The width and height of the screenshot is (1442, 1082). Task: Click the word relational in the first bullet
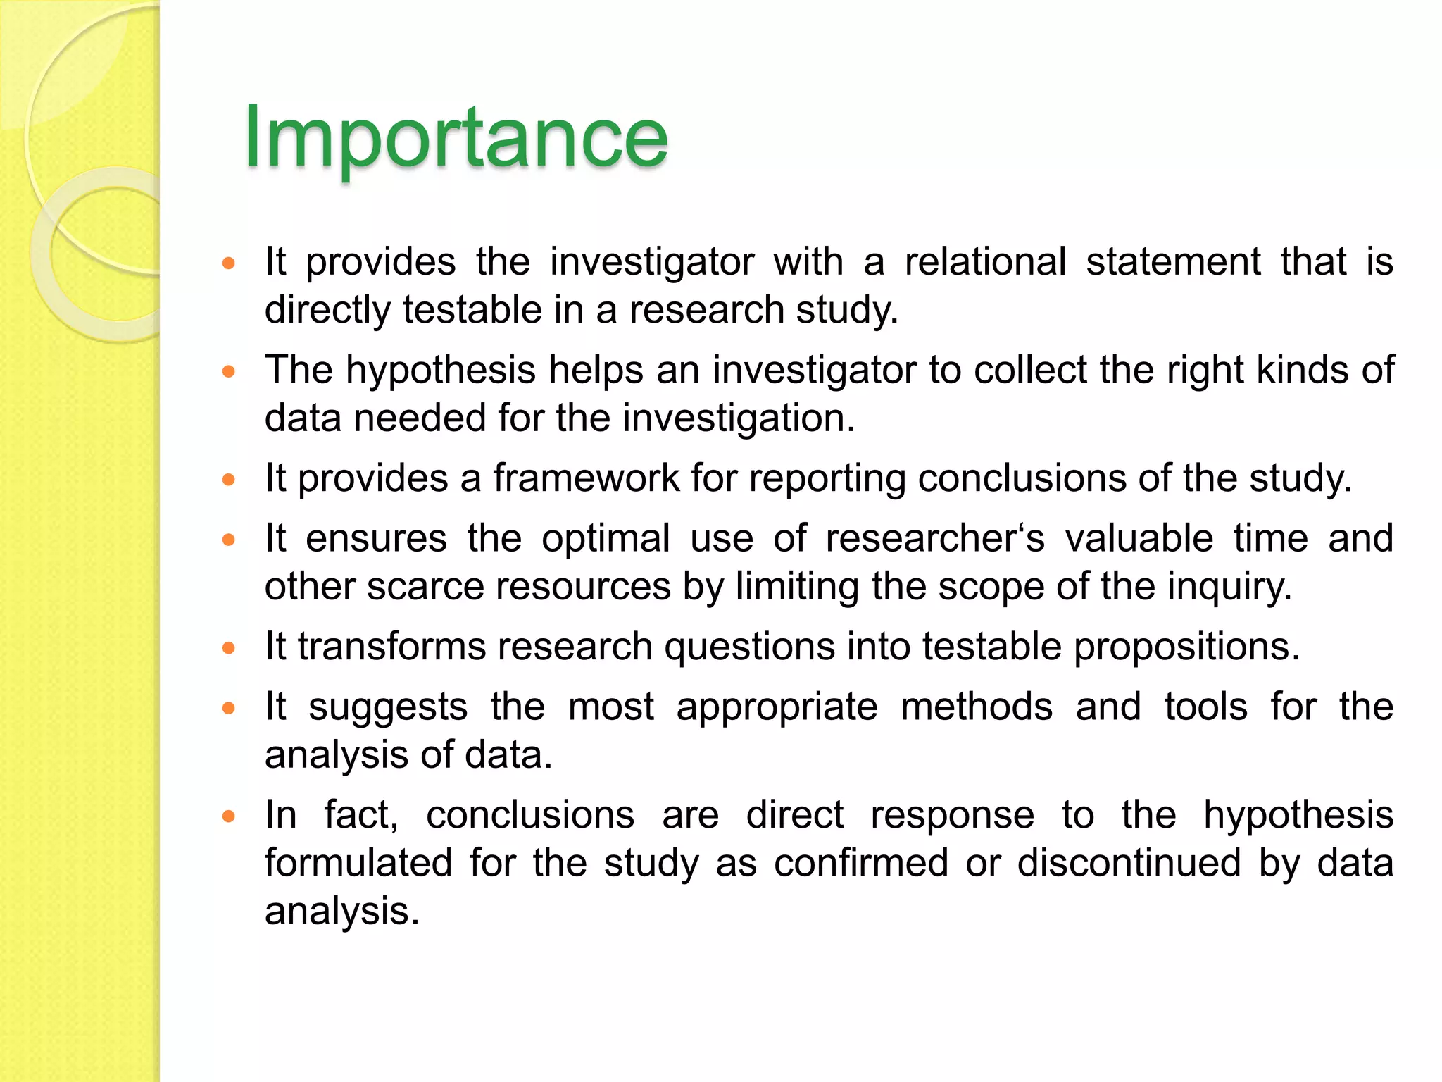[985, 262]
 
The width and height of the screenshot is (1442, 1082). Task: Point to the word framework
[586, 478]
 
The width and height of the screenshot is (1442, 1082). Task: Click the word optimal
[606, 539]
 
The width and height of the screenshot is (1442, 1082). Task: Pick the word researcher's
[935, 539]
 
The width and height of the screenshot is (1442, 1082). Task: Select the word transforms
[391, 647]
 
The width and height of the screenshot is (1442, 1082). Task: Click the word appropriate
[777, 707]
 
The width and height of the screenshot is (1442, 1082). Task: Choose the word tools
[1205, 707]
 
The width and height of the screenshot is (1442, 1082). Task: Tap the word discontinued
[1129, 863]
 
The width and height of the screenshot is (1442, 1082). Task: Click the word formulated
[358, 863]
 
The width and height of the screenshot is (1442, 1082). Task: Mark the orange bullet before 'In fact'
[228, 817]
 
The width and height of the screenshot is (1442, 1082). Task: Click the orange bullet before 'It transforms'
[228, 648]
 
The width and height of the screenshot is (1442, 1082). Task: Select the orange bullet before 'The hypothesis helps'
[228, 371]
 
